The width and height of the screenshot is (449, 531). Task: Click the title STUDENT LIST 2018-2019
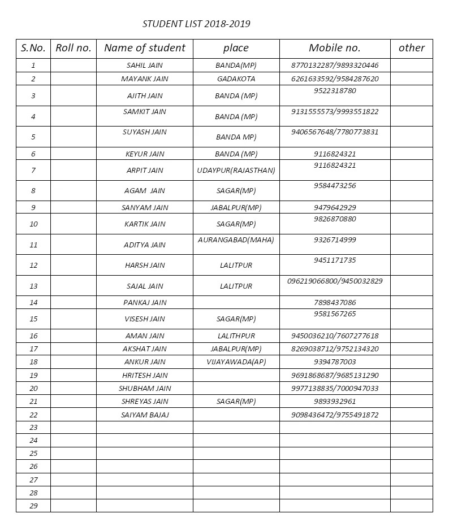(x=196, y=24)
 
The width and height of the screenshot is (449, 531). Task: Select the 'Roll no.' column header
(x=74, y=48)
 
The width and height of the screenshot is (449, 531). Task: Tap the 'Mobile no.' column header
(x=334, y=48)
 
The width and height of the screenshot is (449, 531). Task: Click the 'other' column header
(x=411, y=48)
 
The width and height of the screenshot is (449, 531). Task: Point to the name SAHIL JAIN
(x=145, y=66)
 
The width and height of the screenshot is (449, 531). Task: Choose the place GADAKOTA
(x=236, y=79)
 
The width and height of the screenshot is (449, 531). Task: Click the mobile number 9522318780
(x=335, y=90)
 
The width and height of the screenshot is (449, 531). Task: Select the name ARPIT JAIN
(x=145, y=170)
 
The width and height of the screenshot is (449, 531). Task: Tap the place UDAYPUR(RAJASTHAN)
(x=236, y=170)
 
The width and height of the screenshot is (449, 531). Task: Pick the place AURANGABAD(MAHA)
(x=236, y=240)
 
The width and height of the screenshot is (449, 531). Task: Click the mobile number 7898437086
(x=335, y=303)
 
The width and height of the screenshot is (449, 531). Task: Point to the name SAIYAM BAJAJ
(x=145, y=415)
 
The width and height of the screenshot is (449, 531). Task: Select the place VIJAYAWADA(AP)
(x=236, y=362)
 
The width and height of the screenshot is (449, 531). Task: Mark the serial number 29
(x=33, y=506)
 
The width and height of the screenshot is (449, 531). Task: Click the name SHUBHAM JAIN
(x=145, y=389)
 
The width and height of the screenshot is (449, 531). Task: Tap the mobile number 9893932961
(x=335, y=402)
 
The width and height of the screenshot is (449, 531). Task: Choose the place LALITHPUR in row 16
(x=236, y=336)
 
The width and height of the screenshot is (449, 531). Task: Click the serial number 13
(x=33, y=286)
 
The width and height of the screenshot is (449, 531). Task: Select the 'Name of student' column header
(x=145, y=48)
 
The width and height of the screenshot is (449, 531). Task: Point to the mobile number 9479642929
(x=335, y=208)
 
